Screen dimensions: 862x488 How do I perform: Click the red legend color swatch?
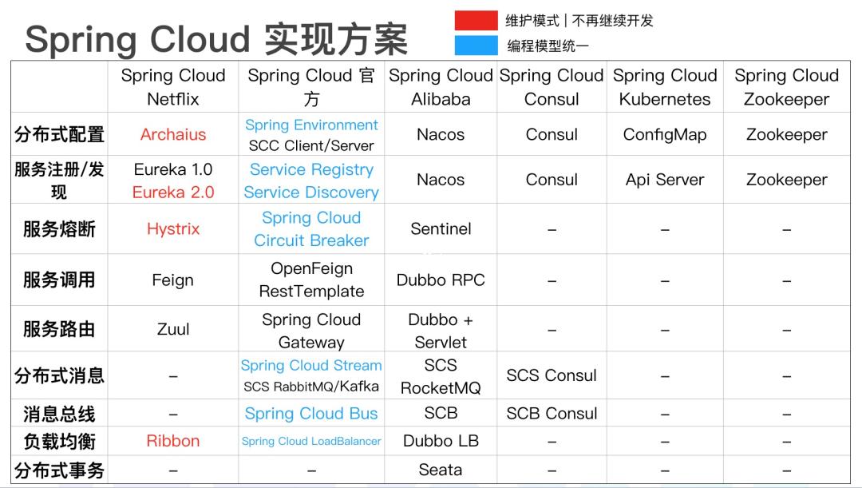(476, 20)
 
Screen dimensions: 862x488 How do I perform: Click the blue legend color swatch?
(476, 45)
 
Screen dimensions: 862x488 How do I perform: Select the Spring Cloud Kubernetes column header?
(665, 87)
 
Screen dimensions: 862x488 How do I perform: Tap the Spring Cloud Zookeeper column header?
(787, 87)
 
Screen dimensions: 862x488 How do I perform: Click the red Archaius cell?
(173, 134)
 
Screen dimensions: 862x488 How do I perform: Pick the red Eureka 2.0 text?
(173, 192)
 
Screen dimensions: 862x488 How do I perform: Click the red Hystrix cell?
(173, 229)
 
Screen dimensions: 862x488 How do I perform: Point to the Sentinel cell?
(441, 229)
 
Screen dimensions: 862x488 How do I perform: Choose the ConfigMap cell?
(665, 135)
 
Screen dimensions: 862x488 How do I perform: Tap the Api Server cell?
(665, 180)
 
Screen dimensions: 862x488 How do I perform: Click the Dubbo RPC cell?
(441, 280)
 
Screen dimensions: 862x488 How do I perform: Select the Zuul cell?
(173, 329)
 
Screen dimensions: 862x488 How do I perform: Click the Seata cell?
(441, 470)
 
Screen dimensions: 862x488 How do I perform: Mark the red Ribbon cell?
(173, 441)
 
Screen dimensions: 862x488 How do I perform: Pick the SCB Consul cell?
(552, 413)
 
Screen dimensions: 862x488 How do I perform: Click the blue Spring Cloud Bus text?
(311, 413)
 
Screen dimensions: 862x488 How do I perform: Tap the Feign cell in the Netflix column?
(172, 280)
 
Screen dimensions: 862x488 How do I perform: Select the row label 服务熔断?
(59, 229)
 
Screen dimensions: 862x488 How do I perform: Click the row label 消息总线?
(59, 414)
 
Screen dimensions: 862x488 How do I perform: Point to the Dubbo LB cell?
(441, 441)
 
